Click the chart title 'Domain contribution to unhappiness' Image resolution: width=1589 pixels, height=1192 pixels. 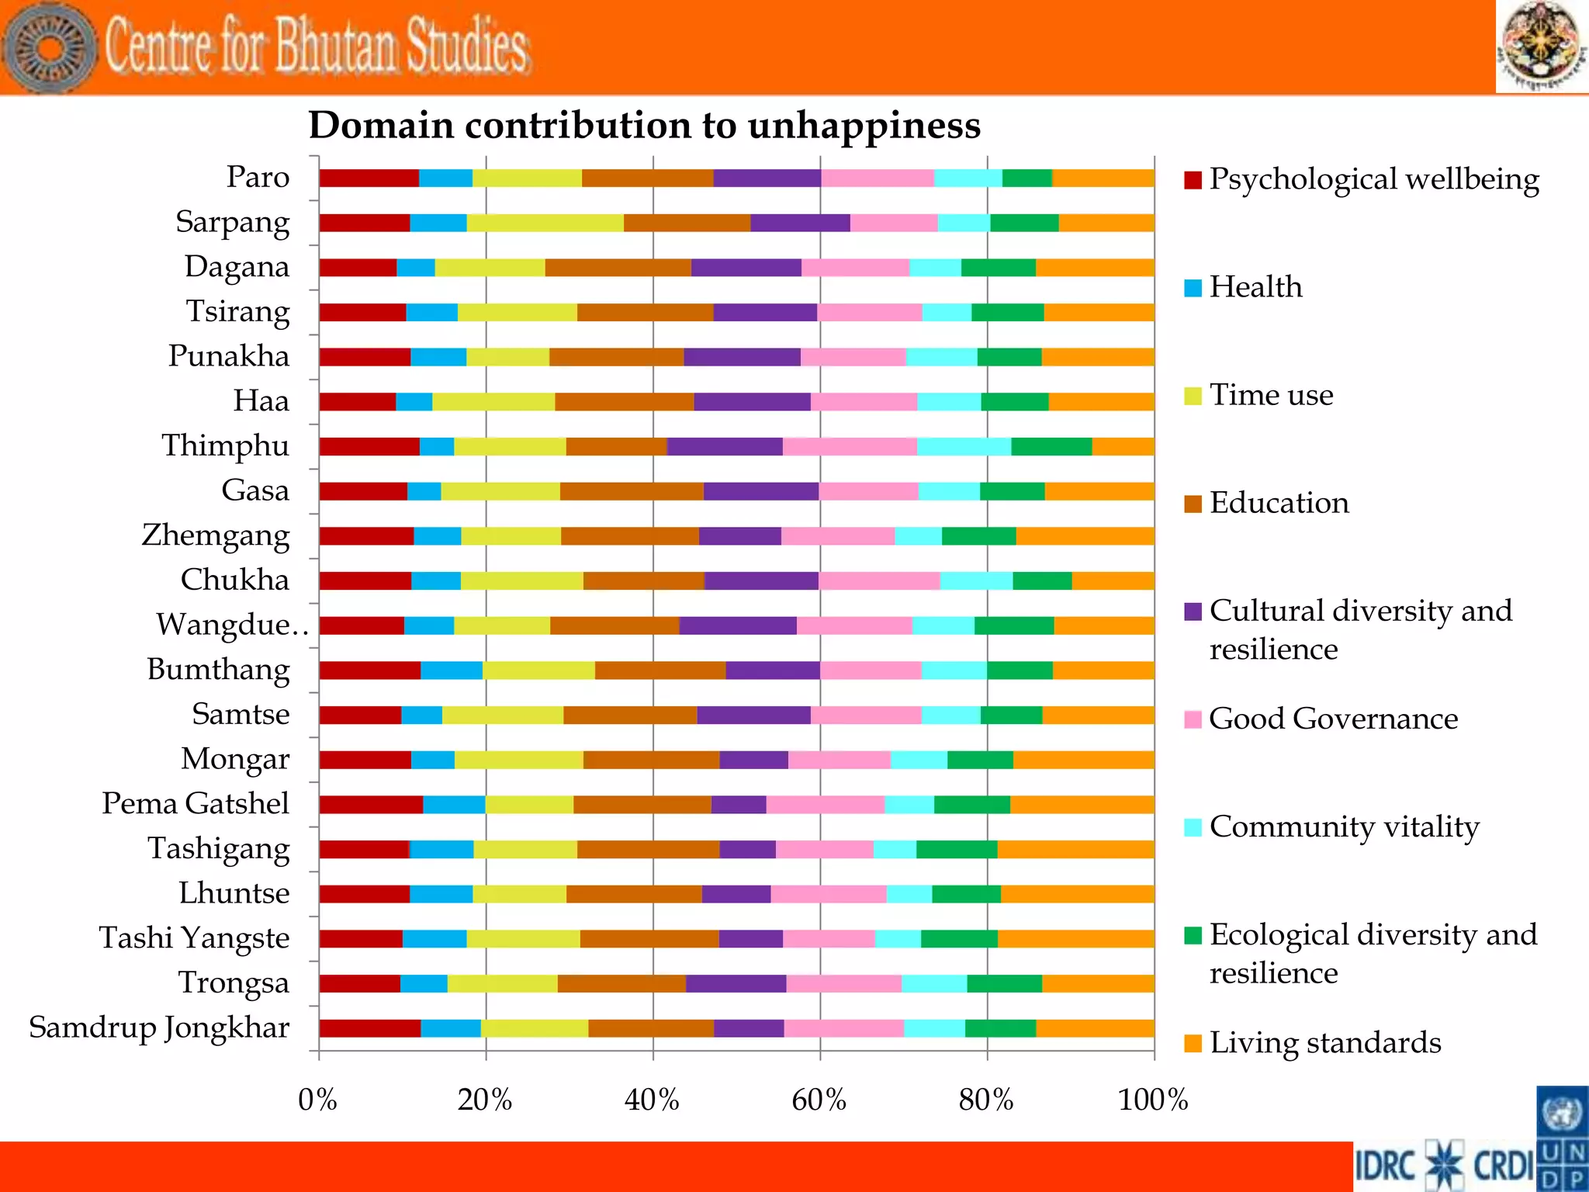coord(644,125)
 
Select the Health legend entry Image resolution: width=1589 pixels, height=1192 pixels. coord(1255,287)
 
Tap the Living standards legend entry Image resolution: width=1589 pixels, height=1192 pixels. coord(1324,1042)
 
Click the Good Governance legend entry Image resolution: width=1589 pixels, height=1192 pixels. coord(1332,719)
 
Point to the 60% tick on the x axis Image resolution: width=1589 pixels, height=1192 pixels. coord(819,1100)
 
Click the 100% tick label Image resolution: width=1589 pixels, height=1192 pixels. coord(1152,1100)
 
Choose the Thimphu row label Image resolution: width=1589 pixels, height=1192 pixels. coord(225,445)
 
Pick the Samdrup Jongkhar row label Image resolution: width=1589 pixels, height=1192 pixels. coord(159,1027)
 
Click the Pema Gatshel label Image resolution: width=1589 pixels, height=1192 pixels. coord(196,803)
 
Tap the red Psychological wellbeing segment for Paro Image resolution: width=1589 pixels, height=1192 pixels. coord(369,178)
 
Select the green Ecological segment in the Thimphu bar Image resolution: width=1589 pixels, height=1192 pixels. coord(1051,446)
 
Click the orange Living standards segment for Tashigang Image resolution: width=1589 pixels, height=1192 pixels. coord(1075,849)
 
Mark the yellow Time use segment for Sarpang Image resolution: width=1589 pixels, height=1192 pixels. coord(545,223)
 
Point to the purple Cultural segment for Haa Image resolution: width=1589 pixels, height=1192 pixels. coord(752,402)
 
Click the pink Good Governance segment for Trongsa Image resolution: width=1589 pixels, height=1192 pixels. coord(843,983)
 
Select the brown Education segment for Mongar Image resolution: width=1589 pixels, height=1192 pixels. coord(651,760)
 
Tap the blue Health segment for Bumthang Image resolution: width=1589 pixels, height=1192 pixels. coord(452,670)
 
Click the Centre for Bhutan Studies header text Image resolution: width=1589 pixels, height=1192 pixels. coord(317,47)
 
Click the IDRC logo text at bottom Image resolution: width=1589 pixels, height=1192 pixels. coord(1386,1165)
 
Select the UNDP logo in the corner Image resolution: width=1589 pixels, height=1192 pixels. coord(1562,1138)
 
